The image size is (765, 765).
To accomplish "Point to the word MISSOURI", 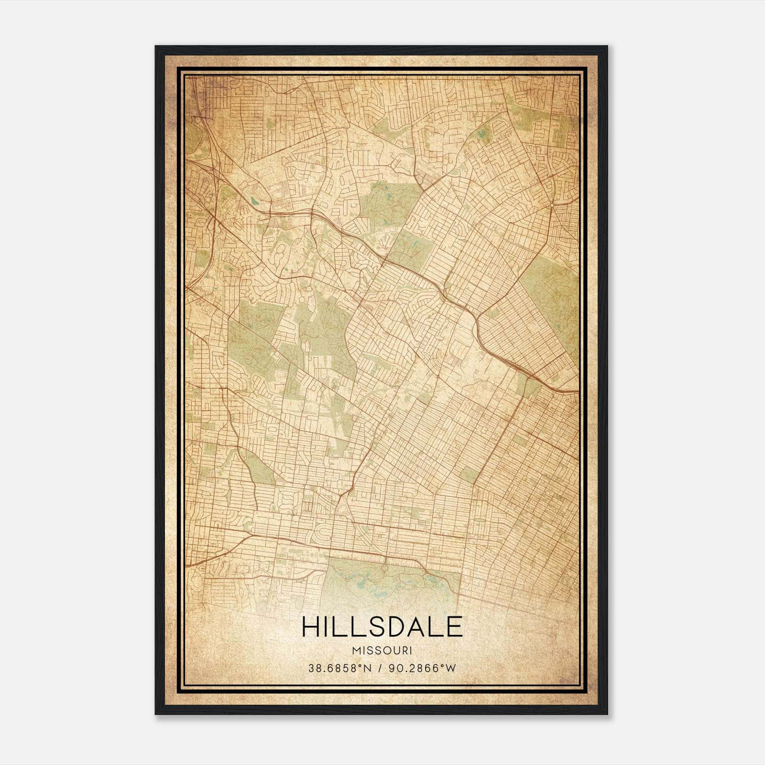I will click(382, 651).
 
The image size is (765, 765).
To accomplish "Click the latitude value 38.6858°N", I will click(339, 668).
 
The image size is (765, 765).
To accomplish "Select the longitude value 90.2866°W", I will click(422, 668).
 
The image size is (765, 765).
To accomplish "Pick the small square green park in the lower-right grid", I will click(470, 475).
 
